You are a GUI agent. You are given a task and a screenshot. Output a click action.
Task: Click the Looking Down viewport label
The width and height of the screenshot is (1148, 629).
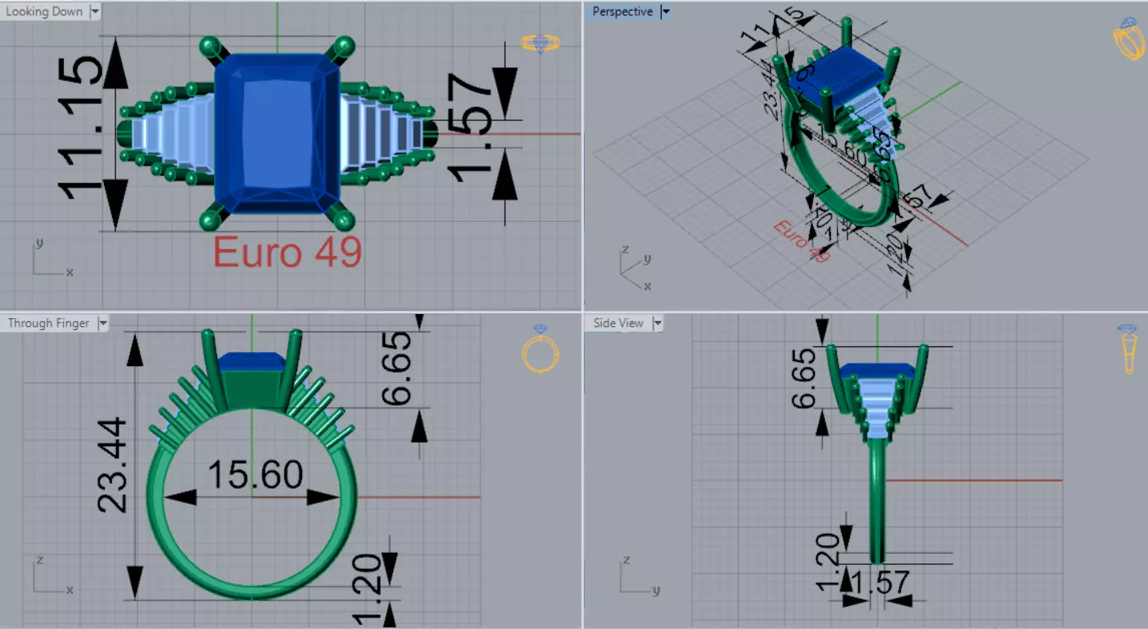(x=44, y=11)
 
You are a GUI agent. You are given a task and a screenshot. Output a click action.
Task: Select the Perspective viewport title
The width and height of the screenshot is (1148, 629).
(x=622, y=11)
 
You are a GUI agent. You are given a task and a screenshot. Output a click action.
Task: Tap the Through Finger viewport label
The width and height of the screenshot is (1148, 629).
(x=48, y=323)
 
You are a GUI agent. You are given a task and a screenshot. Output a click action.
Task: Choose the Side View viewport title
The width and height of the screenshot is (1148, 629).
(x=618, y=323)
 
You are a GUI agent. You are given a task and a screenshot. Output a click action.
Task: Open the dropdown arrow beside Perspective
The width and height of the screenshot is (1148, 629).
(x=665, y=11)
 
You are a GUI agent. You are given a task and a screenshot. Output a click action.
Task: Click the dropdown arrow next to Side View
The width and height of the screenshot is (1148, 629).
(x=657, y=323)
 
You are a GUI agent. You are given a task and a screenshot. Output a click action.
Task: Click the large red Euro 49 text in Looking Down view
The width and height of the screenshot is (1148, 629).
(x=288, y=253)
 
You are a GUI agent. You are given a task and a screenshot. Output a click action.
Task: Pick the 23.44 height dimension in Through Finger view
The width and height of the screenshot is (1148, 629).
(x=112, y=465)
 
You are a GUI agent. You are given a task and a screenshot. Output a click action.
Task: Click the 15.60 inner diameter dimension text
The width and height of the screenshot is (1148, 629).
(x=255, y=475)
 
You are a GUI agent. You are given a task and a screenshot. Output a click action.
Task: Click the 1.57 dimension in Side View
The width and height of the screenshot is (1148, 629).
(x=879, y=583)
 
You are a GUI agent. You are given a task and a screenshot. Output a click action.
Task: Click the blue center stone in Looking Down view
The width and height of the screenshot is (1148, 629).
(x=276, y=132)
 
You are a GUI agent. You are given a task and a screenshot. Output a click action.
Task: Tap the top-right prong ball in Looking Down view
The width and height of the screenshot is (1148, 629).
(x=344, y=46)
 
